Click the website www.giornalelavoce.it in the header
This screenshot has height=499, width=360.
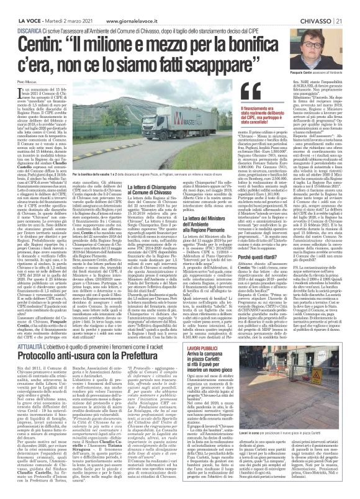pos(121,6)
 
